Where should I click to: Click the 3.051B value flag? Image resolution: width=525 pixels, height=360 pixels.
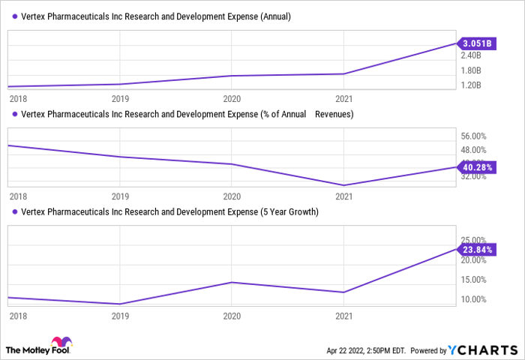tap(477, 43)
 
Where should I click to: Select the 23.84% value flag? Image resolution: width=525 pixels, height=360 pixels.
tap(477, 248)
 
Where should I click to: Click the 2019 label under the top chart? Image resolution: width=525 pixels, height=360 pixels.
tap(120, 98)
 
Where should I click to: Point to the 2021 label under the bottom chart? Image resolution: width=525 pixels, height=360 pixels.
tap(343, 316)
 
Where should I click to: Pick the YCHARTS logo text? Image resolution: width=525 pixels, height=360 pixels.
tap(482, 350)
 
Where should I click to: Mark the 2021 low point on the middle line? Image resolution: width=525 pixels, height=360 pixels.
tap(343, 185)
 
